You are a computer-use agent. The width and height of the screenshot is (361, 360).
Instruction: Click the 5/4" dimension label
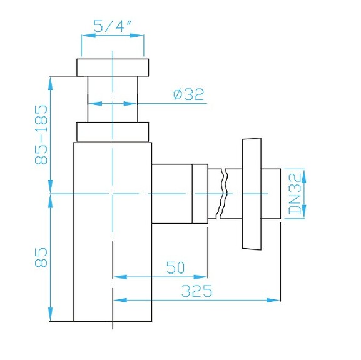111,26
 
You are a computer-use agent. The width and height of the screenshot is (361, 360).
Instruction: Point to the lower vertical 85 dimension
41,256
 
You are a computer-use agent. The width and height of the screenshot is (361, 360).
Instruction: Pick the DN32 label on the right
295,194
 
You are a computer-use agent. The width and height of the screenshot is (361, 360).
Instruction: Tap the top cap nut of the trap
113,67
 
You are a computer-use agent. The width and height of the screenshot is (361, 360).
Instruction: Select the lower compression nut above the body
113,131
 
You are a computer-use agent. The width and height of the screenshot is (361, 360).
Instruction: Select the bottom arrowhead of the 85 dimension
49,316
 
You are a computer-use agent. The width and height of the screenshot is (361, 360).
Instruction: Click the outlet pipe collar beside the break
200,194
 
